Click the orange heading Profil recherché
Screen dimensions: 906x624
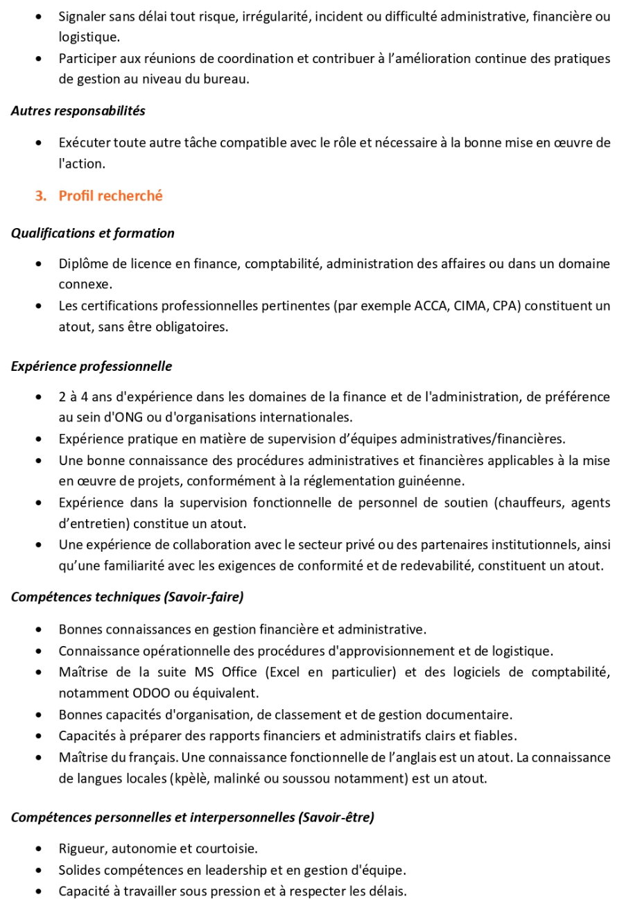(x=110, y=196)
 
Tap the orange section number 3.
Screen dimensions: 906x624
(x=40, y=196)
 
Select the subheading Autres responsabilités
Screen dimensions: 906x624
(x=78, y=111)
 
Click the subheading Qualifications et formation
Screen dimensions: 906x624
(x=92, y=234)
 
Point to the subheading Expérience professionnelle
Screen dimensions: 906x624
(x=91, y=367)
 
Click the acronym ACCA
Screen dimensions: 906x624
(x=433, y=306)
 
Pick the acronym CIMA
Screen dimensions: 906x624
(x=471, y=306)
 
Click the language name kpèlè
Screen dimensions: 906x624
(x=190, y=778)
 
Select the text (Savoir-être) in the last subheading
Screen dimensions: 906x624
(x=336, y=818)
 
